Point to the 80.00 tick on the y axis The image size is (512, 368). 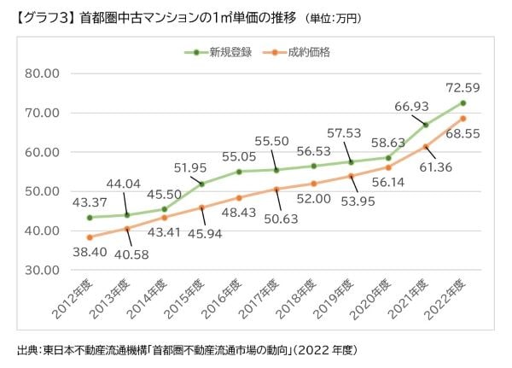(x=41, y=73)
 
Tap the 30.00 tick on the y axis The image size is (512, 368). (x=41, y=270)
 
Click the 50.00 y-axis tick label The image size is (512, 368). (x=41, y=191)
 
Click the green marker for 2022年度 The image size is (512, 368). (x=463, y=102)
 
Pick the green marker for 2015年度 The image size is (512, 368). (x=201, y=184)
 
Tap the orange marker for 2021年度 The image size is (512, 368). (x=425, y=147)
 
